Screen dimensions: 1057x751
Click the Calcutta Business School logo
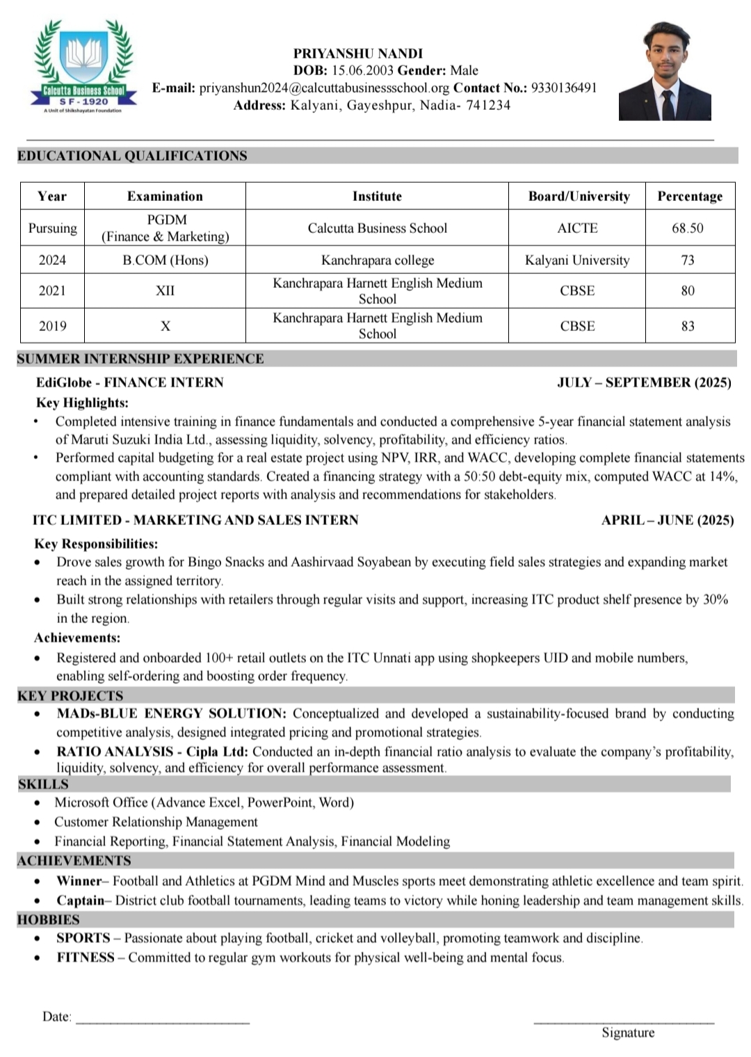(x=84, y=67)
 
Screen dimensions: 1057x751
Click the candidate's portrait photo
(x=665, y=71)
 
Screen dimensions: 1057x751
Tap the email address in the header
(x=324, y=88)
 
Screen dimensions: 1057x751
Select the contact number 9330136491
(x=564, y=88)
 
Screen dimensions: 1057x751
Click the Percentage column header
(x=690, y=196)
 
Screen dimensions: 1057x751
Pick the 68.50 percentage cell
(x=688, y=228)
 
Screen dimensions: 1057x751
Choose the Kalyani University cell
(x=577, y=260)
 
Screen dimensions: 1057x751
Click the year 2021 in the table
(x=52, y=291)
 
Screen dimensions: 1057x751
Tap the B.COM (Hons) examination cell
(x=165, y=260)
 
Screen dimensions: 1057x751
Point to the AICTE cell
(x=577, y=228)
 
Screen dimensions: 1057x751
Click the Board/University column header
(x=579, y=196)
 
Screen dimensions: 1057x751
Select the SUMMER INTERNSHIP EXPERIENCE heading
(x=140, y=359)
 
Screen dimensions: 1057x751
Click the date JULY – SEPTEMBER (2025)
(x=644, y=382)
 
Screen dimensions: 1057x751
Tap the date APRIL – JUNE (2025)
(x=668, y=520)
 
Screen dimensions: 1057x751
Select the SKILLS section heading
(x=43, y=784)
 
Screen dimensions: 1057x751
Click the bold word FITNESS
(x=86, y=958)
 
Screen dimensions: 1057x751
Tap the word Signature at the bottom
(x=628, y=1033)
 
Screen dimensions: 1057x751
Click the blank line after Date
(x=162, y=1021)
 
